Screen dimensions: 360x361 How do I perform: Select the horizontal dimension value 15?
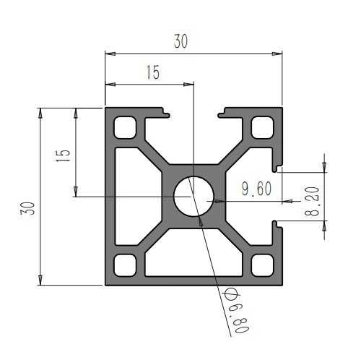point(152,73)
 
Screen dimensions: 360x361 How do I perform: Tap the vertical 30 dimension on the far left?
point(27,210)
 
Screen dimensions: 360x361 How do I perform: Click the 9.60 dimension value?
point(256,189)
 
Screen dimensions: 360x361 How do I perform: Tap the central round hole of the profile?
point(193,196)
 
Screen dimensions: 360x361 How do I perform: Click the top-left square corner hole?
point(126,128)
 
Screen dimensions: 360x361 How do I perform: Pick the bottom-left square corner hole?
point(126,264)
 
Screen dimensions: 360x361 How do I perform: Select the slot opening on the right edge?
point(277,196)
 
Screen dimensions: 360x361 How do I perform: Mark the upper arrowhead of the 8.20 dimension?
point(324,168)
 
